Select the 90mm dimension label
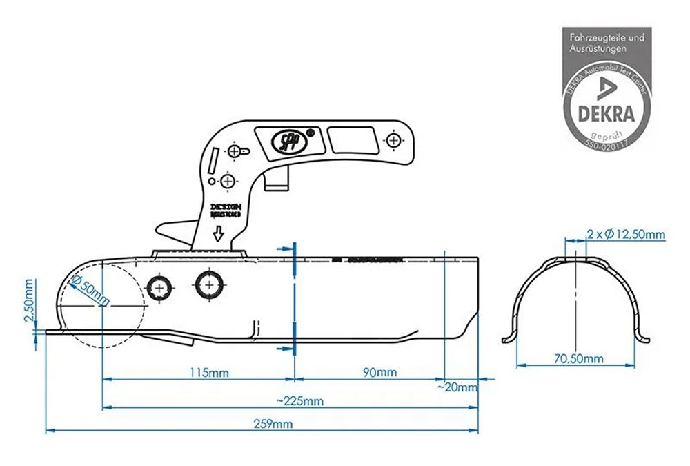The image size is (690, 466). [379, 373]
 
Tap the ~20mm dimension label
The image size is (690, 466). [457, 387]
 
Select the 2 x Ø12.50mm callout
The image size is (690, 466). [626, 235]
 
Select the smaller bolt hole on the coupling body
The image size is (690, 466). [160, 287]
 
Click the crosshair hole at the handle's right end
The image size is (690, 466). [394, 140]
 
